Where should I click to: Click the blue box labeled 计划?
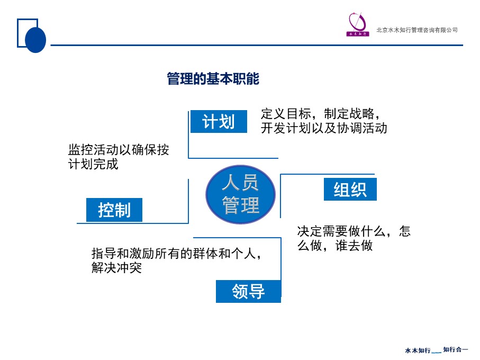tap(219, 122)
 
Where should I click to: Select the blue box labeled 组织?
tap(350, 190)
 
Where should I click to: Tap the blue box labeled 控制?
tap(114, 210)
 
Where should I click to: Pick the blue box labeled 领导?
tap(248, 291)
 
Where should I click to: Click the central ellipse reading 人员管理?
tap(241, 194)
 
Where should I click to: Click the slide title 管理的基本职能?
tap(213, 79)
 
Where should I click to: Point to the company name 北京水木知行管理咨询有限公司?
tap(416, 30)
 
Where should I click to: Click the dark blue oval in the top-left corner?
tap(36, 40)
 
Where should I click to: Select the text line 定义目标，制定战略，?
tap(321, 114)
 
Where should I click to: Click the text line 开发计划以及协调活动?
tap(324, 128)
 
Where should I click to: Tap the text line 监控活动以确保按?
tap(119, 150)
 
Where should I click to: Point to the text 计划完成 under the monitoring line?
tap(93, 164)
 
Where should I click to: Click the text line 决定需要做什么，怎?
tap(354, 231)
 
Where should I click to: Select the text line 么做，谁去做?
tap(335, 246)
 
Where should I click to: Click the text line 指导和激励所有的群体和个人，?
tap(177, 254)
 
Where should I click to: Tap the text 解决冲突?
tap(116, 268)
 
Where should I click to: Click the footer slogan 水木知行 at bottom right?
tap(418, 350)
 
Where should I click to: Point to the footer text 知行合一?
tap(456, 349)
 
